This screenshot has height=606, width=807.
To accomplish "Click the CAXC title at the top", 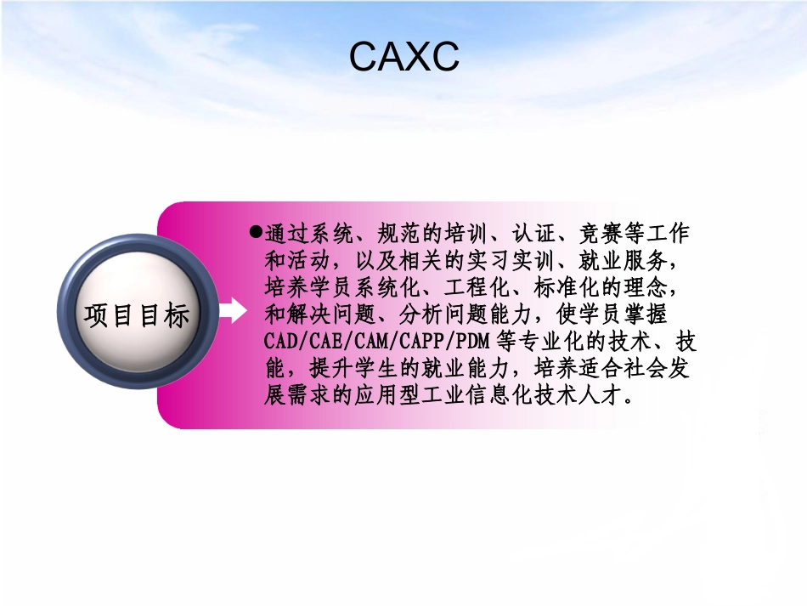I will tap(403, 57).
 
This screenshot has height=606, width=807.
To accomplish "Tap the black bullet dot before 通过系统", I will tap(255, 231).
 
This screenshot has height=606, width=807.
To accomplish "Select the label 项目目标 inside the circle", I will tap(137, 315).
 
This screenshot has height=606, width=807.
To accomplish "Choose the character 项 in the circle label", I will tap(95, 315).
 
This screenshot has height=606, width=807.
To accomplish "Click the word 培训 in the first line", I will tap(445, 232).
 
